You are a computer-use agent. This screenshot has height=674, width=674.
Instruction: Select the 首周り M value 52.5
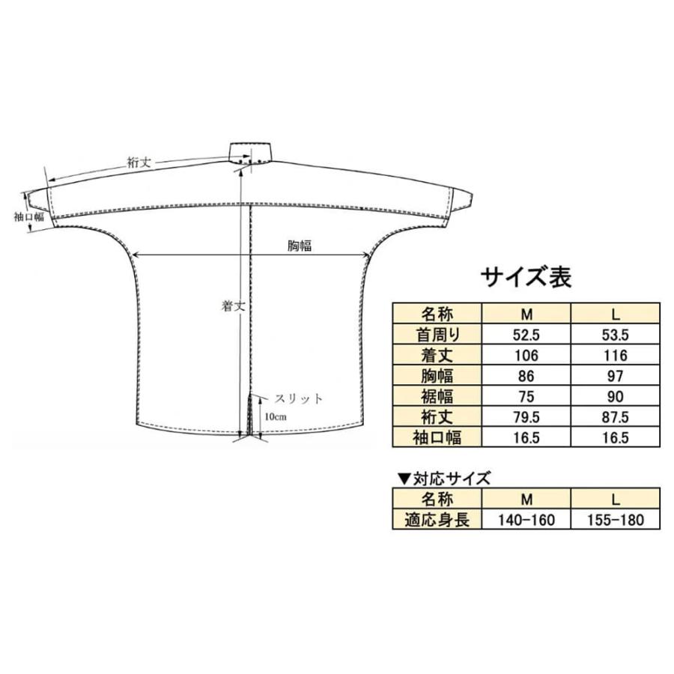pyautogui.click(x=527, y=333)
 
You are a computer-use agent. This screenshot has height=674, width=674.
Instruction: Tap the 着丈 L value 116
pyautogui.click(x=616, y=353)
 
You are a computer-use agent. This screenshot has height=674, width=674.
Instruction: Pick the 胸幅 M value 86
pyautogui.click(x=527, y=374)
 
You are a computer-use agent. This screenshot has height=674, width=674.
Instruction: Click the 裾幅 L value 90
pyautogui.click(x=616, y=395)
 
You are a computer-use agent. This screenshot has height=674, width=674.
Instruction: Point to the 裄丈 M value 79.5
pyautogui.click(x=527, y=416)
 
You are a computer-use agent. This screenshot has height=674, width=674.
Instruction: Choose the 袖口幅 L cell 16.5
pyautogui.click(x=616, y=437)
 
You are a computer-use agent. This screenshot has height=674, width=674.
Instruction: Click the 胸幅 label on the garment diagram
pyautogui.click(x=299, y=246)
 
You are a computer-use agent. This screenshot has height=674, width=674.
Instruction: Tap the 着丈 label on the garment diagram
pyautogui.click(x=231, y=306)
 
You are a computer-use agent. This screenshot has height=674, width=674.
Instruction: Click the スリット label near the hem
pyautogui.click(x=291, y=399)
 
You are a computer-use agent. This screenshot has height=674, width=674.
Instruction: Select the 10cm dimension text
pyautogui.click(x=273, y=416)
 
